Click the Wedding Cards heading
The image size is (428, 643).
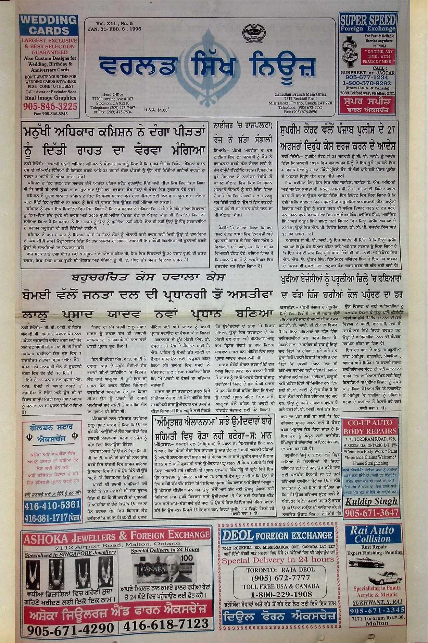(49, 25)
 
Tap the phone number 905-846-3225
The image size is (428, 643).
(50, 106)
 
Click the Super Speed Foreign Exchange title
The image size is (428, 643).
(367, 23)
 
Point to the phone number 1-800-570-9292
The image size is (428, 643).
(366, 83)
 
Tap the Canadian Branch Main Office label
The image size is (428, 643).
(300, 94)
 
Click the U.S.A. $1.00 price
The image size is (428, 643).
(156, 110)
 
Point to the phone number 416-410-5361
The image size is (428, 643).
(52, 505)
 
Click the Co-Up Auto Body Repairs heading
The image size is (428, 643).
(370, 427)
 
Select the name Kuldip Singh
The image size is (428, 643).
(371, 502)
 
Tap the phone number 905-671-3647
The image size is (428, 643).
(372, 513)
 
